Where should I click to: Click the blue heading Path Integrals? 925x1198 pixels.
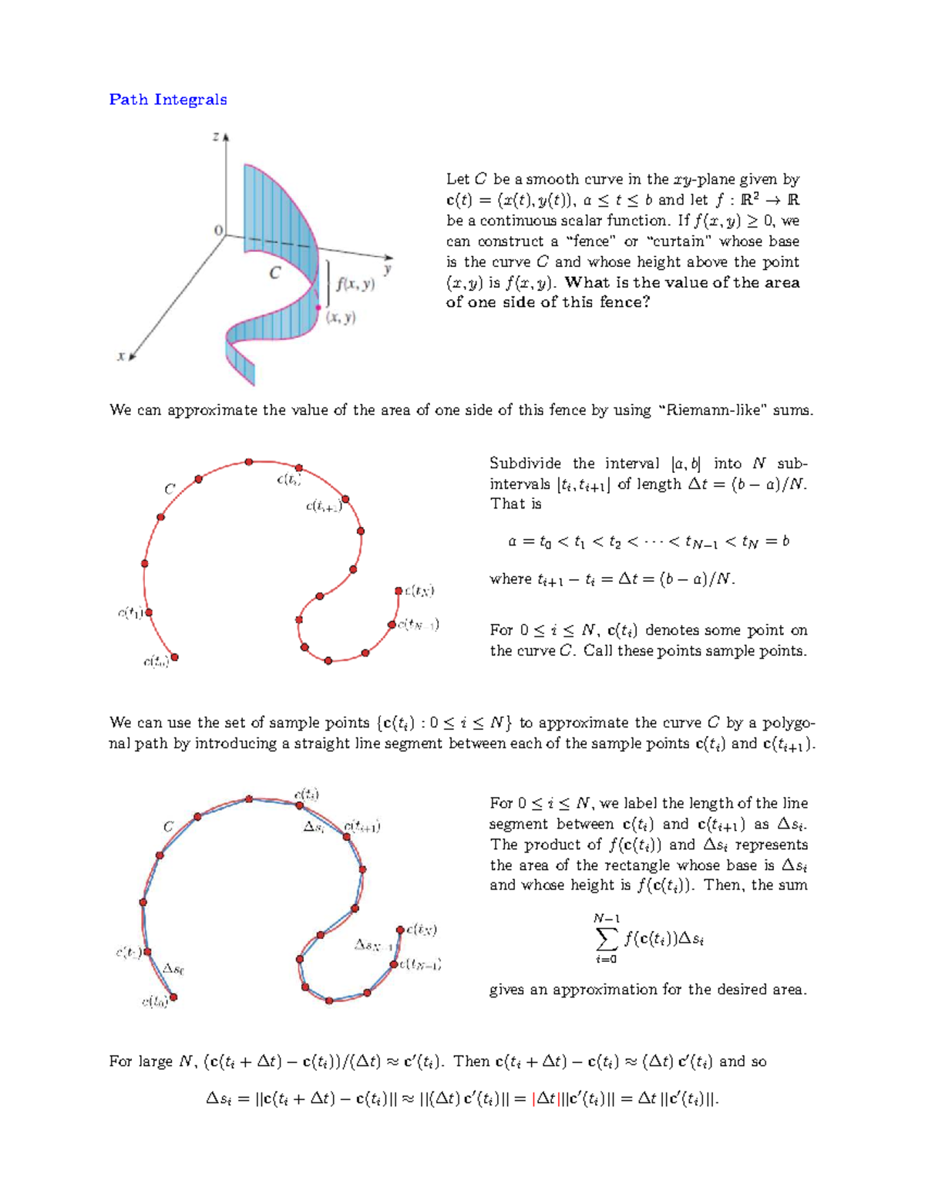pyautogui.click(x=167, y=100)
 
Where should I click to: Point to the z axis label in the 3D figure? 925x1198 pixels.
pyautogui.click(x=216, y=137)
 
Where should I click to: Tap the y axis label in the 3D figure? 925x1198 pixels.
pyautogui.click(x=387, y=269)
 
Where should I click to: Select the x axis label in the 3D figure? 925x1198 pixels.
pyautogui.click(x=120, y=356)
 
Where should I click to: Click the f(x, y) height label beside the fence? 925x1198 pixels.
pyautogui.click(x=355, y=284)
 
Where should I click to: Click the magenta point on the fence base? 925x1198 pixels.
pyautogui.click(x=318, y=307)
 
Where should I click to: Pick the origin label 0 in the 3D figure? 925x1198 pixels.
pyautogui.click(x=218, y=231)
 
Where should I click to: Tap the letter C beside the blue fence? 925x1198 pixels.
pyautogui.click(x=274, y=273)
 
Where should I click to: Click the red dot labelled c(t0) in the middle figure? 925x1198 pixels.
pyautogui.click(x=175, y=657)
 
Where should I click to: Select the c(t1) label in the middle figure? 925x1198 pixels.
pyautogui.click(x=129, y=613)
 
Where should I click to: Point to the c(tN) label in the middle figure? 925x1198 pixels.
pyautogui.click(x=419, y=591)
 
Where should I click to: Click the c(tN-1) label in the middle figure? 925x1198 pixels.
pyautogui.click(x=419, y=624)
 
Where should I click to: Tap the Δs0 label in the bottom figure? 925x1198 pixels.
pyautogui.click(x=173, y=969)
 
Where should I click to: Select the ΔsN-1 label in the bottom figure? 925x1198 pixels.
pyautogui.click(x=373, y=945)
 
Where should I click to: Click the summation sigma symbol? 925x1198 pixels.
pyautogui.click(x=607, y=939)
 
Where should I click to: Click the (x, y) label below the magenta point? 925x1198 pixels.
pyautogui.click(x=341, y=318)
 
